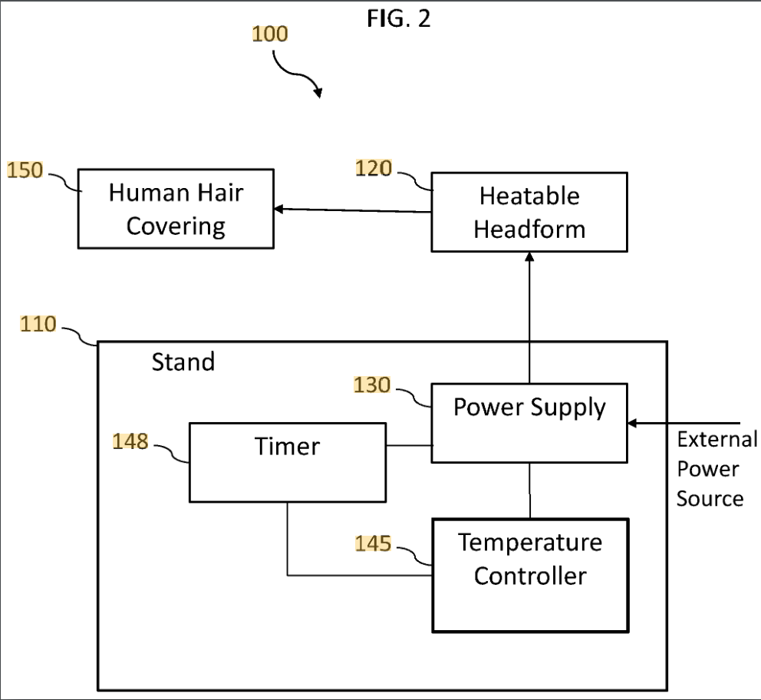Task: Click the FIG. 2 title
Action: point(399,18)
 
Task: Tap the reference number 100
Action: point(270,34)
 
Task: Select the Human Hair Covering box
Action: point(176,209)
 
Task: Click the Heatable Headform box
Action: point(529,212)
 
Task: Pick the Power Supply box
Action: point(529,422)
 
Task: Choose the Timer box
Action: point(287,461)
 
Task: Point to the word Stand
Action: point(183,362)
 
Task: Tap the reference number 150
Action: point(25,170)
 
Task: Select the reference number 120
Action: point(374,168)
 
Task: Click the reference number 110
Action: point(38,325)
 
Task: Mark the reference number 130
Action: point(372,385)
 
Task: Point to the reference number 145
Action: point(373,544)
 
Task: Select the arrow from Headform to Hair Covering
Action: point(353,210)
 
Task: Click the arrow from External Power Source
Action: point(683,422)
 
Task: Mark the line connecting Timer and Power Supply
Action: point(408,444)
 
